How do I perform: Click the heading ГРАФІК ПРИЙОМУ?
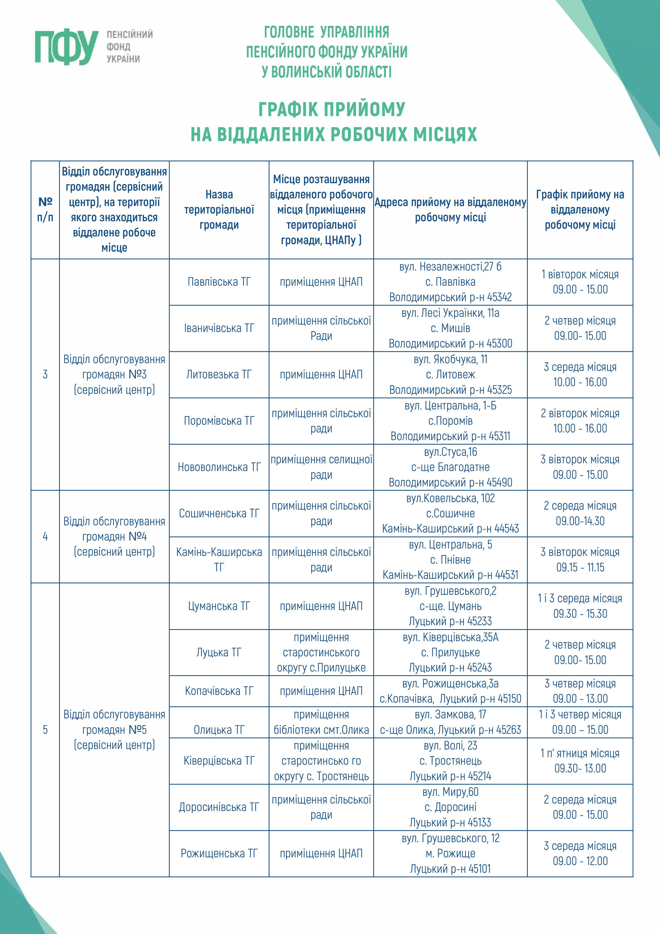pyautogui.click(x=332, y=109)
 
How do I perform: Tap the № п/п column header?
pyautogui.click(x=45, y=210)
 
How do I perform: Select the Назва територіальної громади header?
pyautogui.click(x=219, y=210)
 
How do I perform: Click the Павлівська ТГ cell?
pyautogui.click(x=219, y=282)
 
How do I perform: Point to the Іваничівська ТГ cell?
pyautogui.click(x=219, y=328)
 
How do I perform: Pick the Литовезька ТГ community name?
pyautogui.click(x=219, y=374)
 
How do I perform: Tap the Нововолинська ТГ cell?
pyautogui.click(x=219, y=467)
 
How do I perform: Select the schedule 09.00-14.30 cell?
pyautogui.click(x=580, y=513)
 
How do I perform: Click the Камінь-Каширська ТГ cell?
pyautogui.click(x=219, y=560)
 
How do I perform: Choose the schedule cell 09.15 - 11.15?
pyautogui.click(x=580, y=560)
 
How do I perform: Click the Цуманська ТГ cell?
pyautogui.click(x=219, y=606)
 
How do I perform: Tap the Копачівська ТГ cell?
pyautogui.click(x=219, y=691)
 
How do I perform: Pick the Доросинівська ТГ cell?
pyautogui.click(x=219, y=807)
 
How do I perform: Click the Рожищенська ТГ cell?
pyautogui.click(x=219, y=853)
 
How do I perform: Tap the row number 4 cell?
pyautogui.click(x=45, y=536)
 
